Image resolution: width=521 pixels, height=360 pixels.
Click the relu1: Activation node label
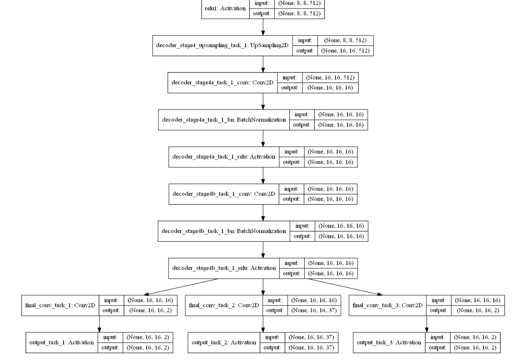(225, 8)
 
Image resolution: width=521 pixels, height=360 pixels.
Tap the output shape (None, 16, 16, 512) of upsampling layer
(345, 51)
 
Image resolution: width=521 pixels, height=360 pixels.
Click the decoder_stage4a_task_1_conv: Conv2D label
(222, 83)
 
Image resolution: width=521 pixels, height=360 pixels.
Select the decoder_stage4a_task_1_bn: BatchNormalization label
(224, 119)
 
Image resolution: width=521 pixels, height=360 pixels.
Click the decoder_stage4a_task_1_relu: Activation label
(224, 157)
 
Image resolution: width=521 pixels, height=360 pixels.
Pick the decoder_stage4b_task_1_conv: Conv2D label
(224, 194)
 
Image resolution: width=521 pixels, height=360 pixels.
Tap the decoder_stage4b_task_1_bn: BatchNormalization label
(224, 231)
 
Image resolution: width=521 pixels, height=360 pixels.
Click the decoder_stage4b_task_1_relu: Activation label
(224, 268)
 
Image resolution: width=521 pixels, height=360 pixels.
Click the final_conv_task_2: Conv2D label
(224, 305)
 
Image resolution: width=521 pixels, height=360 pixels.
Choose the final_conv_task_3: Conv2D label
(388, 305)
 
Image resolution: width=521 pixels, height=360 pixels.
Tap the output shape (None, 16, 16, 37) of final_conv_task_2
(314, 310)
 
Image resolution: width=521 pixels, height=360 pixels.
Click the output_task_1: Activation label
(62, 342)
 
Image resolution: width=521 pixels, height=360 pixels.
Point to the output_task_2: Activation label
(224, 342)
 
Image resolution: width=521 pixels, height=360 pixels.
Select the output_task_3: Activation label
(389, 342)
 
